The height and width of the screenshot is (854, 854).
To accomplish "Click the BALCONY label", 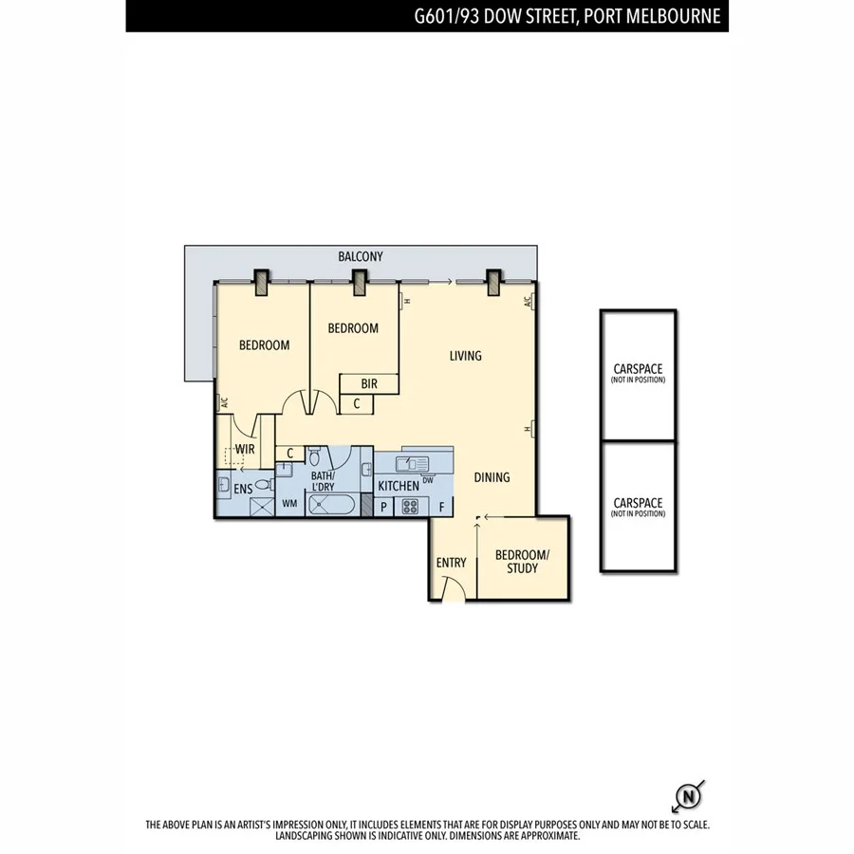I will (361, 256).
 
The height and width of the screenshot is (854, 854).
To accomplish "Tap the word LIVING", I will (465, 356).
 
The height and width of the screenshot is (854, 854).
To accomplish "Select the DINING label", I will (492, 477).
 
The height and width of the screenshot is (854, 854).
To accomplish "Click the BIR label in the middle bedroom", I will (370, 383).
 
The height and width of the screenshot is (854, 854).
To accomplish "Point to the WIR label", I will (244, 449).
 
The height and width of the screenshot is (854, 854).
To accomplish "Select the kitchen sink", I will (414, 463).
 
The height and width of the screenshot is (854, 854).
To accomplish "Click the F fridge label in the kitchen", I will (441, 507).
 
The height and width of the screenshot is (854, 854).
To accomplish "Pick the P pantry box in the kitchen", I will (383, 507).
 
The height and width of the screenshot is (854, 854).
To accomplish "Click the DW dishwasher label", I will (429, 480).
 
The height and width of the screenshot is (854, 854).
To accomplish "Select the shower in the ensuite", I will (261, 505).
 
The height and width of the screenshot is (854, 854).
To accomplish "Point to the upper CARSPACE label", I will (638, 368).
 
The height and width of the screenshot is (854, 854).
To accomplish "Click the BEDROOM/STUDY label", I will (522, 561).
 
